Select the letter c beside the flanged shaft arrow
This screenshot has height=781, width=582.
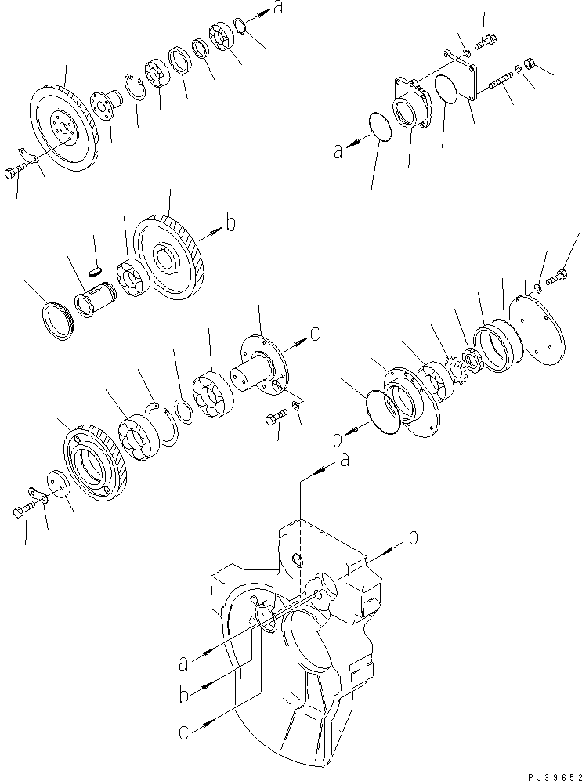[x=315, y=334]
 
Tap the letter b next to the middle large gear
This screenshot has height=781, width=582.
[x=230, y=225]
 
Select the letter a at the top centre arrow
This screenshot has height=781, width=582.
[x=277, y=9]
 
